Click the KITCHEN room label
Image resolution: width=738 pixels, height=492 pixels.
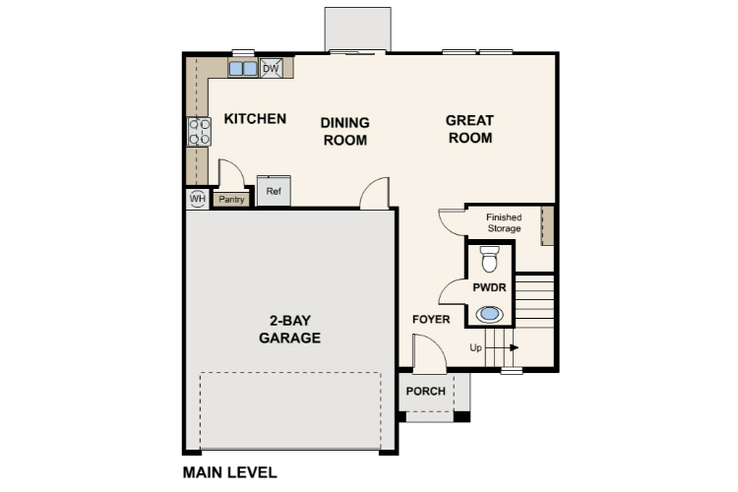pyautogui.click(x=255, y=119)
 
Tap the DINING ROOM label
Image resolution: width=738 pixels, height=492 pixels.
pyautogui.click(x=344, y=131)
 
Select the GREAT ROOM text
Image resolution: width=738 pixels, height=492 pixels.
pyautogui.click(x=469, y=129)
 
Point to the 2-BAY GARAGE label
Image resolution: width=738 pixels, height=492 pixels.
pyautogui.click(x=289, y=330)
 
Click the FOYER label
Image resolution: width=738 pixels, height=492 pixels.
pyautogui.click(x=431, y=320)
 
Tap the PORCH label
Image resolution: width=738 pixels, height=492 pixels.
pyautogui.click(x=425, y=391)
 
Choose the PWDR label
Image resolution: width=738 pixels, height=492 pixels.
pyautogui.click(x=488, y=288)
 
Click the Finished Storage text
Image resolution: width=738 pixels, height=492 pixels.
pyautogui.click(x=504, y=223)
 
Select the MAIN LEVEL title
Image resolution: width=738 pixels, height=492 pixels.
pyautogui.click(x=229, y=471)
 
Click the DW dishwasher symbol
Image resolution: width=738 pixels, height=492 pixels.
pyautogui.click(x=272, y=68)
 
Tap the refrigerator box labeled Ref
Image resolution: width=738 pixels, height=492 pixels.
pyautogui.click(x=274, y=191)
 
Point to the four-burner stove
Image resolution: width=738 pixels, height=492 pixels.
pyautogui.click(x=199, y=132)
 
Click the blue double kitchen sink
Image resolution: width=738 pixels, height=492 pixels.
pyautogui.click(x=243, y=69)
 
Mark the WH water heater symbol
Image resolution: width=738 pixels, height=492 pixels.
pyautogui.click(x=197, y=199)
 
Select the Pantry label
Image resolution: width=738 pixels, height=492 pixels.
pyautogui.click(x=231, y=200)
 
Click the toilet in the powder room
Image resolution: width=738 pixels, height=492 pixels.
pyautogui.click(x=489, y=259)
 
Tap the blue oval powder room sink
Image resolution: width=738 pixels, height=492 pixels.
pyautogui.click(x=489, y=315)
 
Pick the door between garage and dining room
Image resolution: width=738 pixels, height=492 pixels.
pyautogui.click(x=375, y=194)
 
